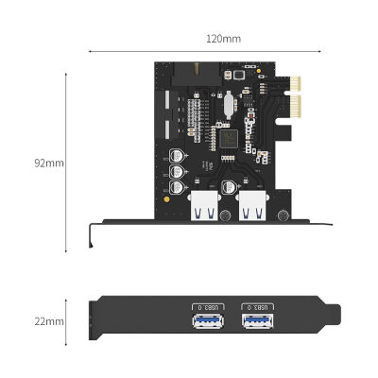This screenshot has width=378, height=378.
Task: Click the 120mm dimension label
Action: (x=223, y=39)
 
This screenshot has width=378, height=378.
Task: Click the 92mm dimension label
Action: (x=49, y=163)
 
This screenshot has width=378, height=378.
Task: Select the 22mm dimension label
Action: (x=49, y=320)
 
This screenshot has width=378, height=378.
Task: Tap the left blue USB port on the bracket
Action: (x=207, y=326)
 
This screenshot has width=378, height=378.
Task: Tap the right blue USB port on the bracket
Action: (x=258, y=326)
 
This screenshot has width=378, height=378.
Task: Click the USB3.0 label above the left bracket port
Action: (x=207, y=308)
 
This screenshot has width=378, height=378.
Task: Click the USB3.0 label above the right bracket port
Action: (x=258, y=308)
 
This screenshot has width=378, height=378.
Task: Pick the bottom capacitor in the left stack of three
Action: (x=177, y=188)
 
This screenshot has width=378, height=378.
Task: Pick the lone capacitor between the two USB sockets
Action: (x=228, y=185)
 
